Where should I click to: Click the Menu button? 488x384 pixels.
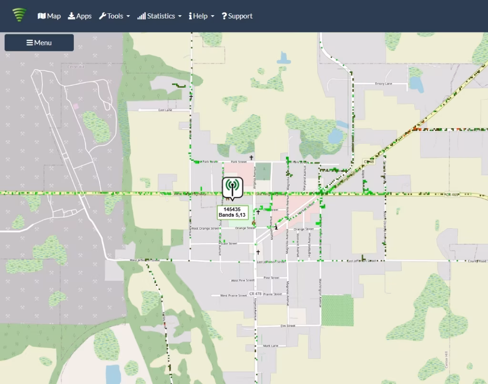[x=39, y=42]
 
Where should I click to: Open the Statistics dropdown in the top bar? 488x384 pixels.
[x=160, y=16]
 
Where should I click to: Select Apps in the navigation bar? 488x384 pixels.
[x=80, y=16]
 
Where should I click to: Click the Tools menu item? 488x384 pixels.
[x=114, y=16]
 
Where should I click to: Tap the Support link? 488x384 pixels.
[x=237, y=16]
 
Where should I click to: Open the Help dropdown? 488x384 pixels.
[x=201, y=16]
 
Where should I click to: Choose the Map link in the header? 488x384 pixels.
[x=49, y=16]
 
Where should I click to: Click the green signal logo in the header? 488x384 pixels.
[x=20, y=15]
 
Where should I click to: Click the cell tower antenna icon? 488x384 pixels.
[x=232, y=186]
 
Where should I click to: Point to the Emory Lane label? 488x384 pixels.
[x=383, y=84]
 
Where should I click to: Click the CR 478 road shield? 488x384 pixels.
[x=255, y=294]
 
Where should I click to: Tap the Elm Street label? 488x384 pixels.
[x=287, y=326]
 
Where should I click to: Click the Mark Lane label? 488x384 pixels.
[x=270, y=346]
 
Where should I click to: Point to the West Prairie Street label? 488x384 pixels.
[x=234, y=295]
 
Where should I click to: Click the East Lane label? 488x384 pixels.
[x=165, y=110]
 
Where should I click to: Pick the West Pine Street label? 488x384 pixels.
[x=242, y=281]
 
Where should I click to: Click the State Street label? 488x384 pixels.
[x=229, y=243]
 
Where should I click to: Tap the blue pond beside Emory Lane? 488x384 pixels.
[x=416, y=84]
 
